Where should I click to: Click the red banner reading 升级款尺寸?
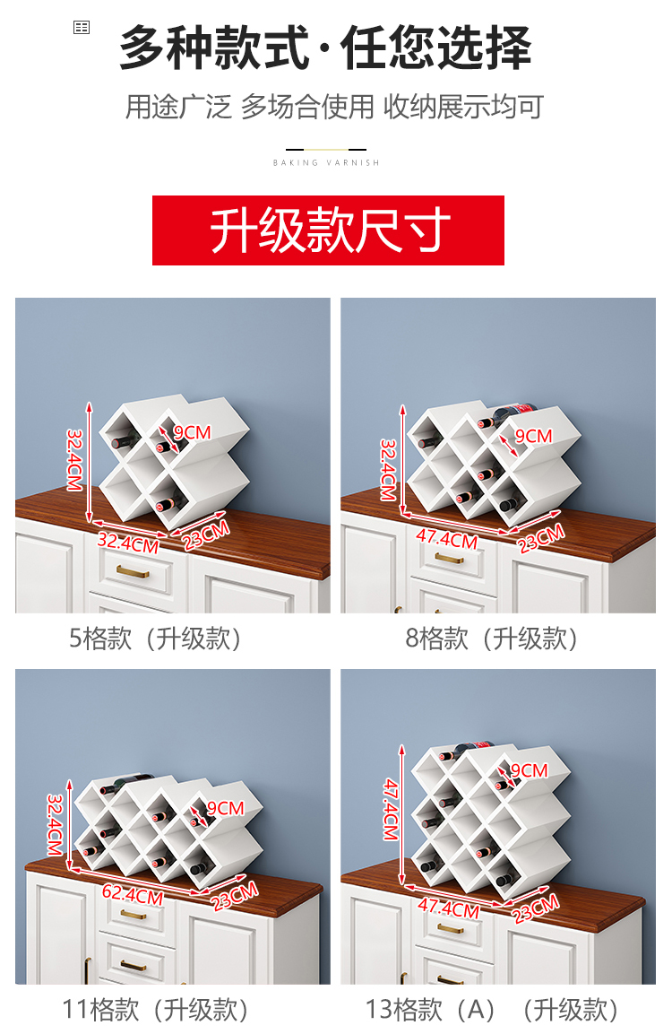[x=328, y=230]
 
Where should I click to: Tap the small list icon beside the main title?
[x=82, y=27]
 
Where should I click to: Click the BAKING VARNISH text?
[x=327, y=162]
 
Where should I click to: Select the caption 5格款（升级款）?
[x=155, y=639]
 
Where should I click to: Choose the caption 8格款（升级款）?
[x=492, y=639]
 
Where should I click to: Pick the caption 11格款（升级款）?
[x=155, y=1010]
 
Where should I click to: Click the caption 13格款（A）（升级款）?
[x=492, y=1010]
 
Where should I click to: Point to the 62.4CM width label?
[x=133, y=895]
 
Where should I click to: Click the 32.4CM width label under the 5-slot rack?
[x=128, y=543]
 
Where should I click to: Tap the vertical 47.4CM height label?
[x=391, y=809]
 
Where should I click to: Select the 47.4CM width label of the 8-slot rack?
[x=447, y=539]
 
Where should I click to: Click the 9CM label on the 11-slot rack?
[x=226, y=808]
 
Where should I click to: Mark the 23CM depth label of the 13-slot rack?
[x=537, y=908]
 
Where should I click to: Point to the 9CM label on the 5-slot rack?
[x=193, y=432]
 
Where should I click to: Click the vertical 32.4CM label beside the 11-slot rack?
[x=55, y=825]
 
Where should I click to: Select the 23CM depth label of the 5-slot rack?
[x=206, y=534]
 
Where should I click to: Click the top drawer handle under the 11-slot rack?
[x=134, y=914]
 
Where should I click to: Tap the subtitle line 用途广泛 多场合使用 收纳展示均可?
[x=335, y=107]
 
